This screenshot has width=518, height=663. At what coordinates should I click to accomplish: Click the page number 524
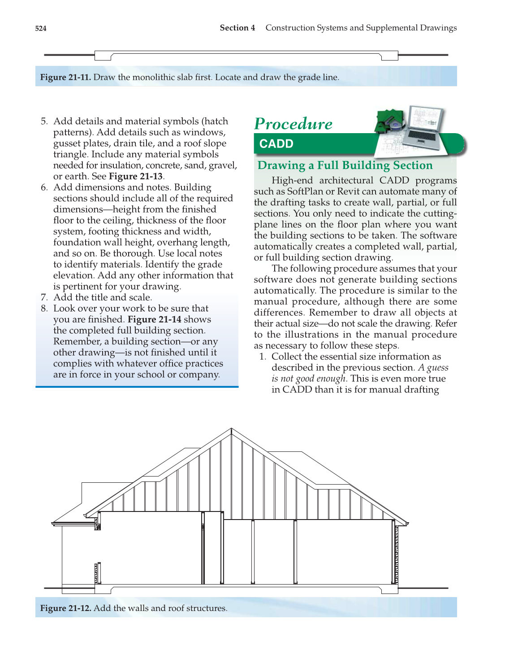pos(41,28)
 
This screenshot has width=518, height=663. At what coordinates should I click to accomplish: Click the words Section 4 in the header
pos(237,28)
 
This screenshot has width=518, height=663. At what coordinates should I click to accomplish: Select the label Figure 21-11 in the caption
pos(65,77)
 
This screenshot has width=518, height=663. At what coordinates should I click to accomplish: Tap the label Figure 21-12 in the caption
pos(65,608)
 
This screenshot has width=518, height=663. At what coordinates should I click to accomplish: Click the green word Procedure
pos(294,124)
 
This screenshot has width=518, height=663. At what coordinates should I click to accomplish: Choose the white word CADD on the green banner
pos(276,144)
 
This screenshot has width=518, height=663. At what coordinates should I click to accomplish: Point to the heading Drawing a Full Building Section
pos(345,165)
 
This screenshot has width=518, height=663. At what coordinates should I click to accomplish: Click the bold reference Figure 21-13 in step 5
pos(136,176)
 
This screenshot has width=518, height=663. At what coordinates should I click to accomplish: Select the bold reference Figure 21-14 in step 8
pos(155,319)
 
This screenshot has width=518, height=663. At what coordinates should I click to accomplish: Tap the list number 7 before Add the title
pos(44,297)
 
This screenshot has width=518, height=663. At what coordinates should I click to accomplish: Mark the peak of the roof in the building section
pos(232,429)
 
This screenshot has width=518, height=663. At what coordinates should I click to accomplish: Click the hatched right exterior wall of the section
pos(396,554)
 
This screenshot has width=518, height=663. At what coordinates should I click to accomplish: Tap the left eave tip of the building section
pos(53,523)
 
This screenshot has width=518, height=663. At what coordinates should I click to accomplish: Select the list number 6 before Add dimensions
pos(44,187)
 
